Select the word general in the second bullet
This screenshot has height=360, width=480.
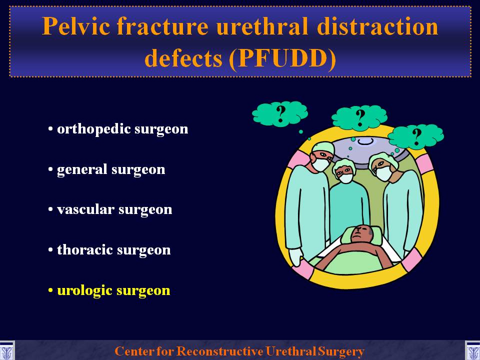[81, 170]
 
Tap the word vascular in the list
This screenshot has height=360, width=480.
[85, 209]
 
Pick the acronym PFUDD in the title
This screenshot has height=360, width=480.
[282, 58]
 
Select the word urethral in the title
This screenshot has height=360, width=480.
[262, 26]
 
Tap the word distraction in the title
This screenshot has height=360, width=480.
[377, 26]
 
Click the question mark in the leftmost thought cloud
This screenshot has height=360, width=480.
[280, 114]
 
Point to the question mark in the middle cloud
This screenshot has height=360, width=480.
[360, 118]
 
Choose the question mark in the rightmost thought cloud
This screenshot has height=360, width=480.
[416, 136]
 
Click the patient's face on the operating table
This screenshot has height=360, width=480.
[361, 233]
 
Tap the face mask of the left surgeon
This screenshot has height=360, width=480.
[320, 164]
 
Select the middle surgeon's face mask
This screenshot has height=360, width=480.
[345, 178]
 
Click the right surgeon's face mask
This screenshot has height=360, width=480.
[383, 173]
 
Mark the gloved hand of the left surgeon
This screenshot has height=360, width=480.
[295, 256]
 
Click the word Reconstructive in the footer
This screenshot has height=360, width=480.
[220, 351]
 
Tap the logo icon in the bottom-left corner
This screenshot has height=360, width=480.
[6, 351]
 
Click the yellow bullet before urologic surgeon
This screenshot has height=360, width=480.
[51, 290]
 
